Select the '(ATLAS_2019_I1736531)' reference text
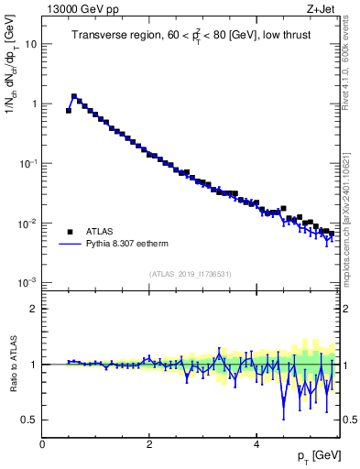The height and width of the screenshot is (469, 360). (190, 274)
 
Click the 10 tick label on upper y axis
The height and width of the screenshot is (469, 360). (30, 44)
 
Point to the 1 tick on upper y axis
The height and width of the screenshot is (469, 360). (34, 104)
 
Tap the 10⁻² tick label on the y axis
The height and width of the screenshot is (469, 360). (27, 224)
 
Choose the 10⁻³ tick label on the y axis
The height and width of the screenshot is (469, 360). (27, 283)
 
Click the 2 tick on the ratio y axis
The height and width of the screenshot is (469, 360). (34, 309)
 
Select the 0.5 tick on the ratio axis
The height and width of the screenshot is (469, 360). (29, 420)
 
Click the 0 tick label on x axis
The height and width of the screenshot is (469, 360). (42, 444)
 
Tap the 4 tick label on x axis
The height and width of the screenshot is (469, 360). (256, 444)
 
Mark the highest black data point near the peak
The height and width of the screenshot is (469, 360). (74, 96)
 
